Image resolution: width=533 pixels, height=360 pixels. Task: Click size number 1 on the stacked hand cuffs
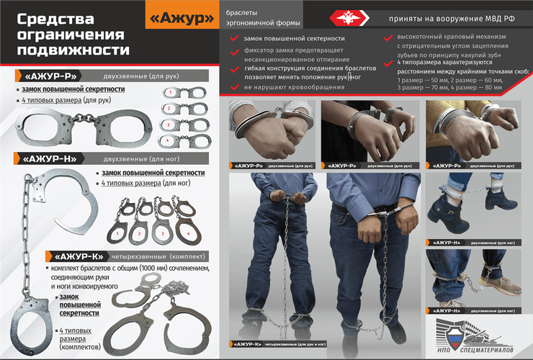click(x=168, y=92)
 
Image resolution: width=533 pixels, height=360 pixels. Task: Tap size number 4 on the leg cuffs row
click(x=189, y=233)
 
